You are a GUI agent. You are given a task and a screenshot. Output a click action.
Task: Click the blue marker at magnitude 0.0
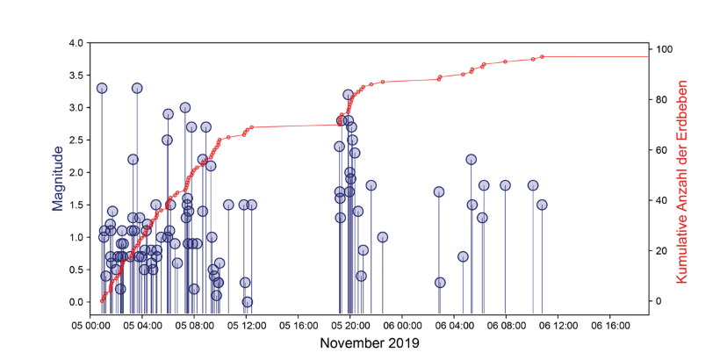click(x=248, y=302)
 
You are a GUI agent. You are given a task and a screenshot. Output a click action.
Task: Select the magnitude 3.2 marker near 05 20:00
click(x=348, y=94)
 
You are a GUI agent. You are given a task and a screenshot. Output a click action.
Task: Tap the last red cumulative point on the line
click(x=542, y=56)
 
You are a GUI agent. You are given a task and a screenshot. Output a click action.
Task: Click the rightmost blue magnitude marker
click(x=542, y=205)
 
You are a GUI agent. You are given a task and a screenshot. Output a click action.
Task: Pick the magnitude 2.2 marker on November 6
click(x=471, y=159)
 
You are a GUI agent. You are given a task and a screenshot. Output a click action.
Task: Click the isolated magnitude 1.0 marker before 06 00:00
click(x=382, y=237)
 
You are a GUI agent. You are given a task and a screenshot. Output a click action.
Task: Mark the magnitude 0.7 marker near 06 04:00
click(x=463, y=256)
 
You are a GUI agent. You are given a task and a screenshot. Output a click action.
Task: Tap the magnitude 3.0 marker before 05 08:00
click(x=185, y=107)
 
